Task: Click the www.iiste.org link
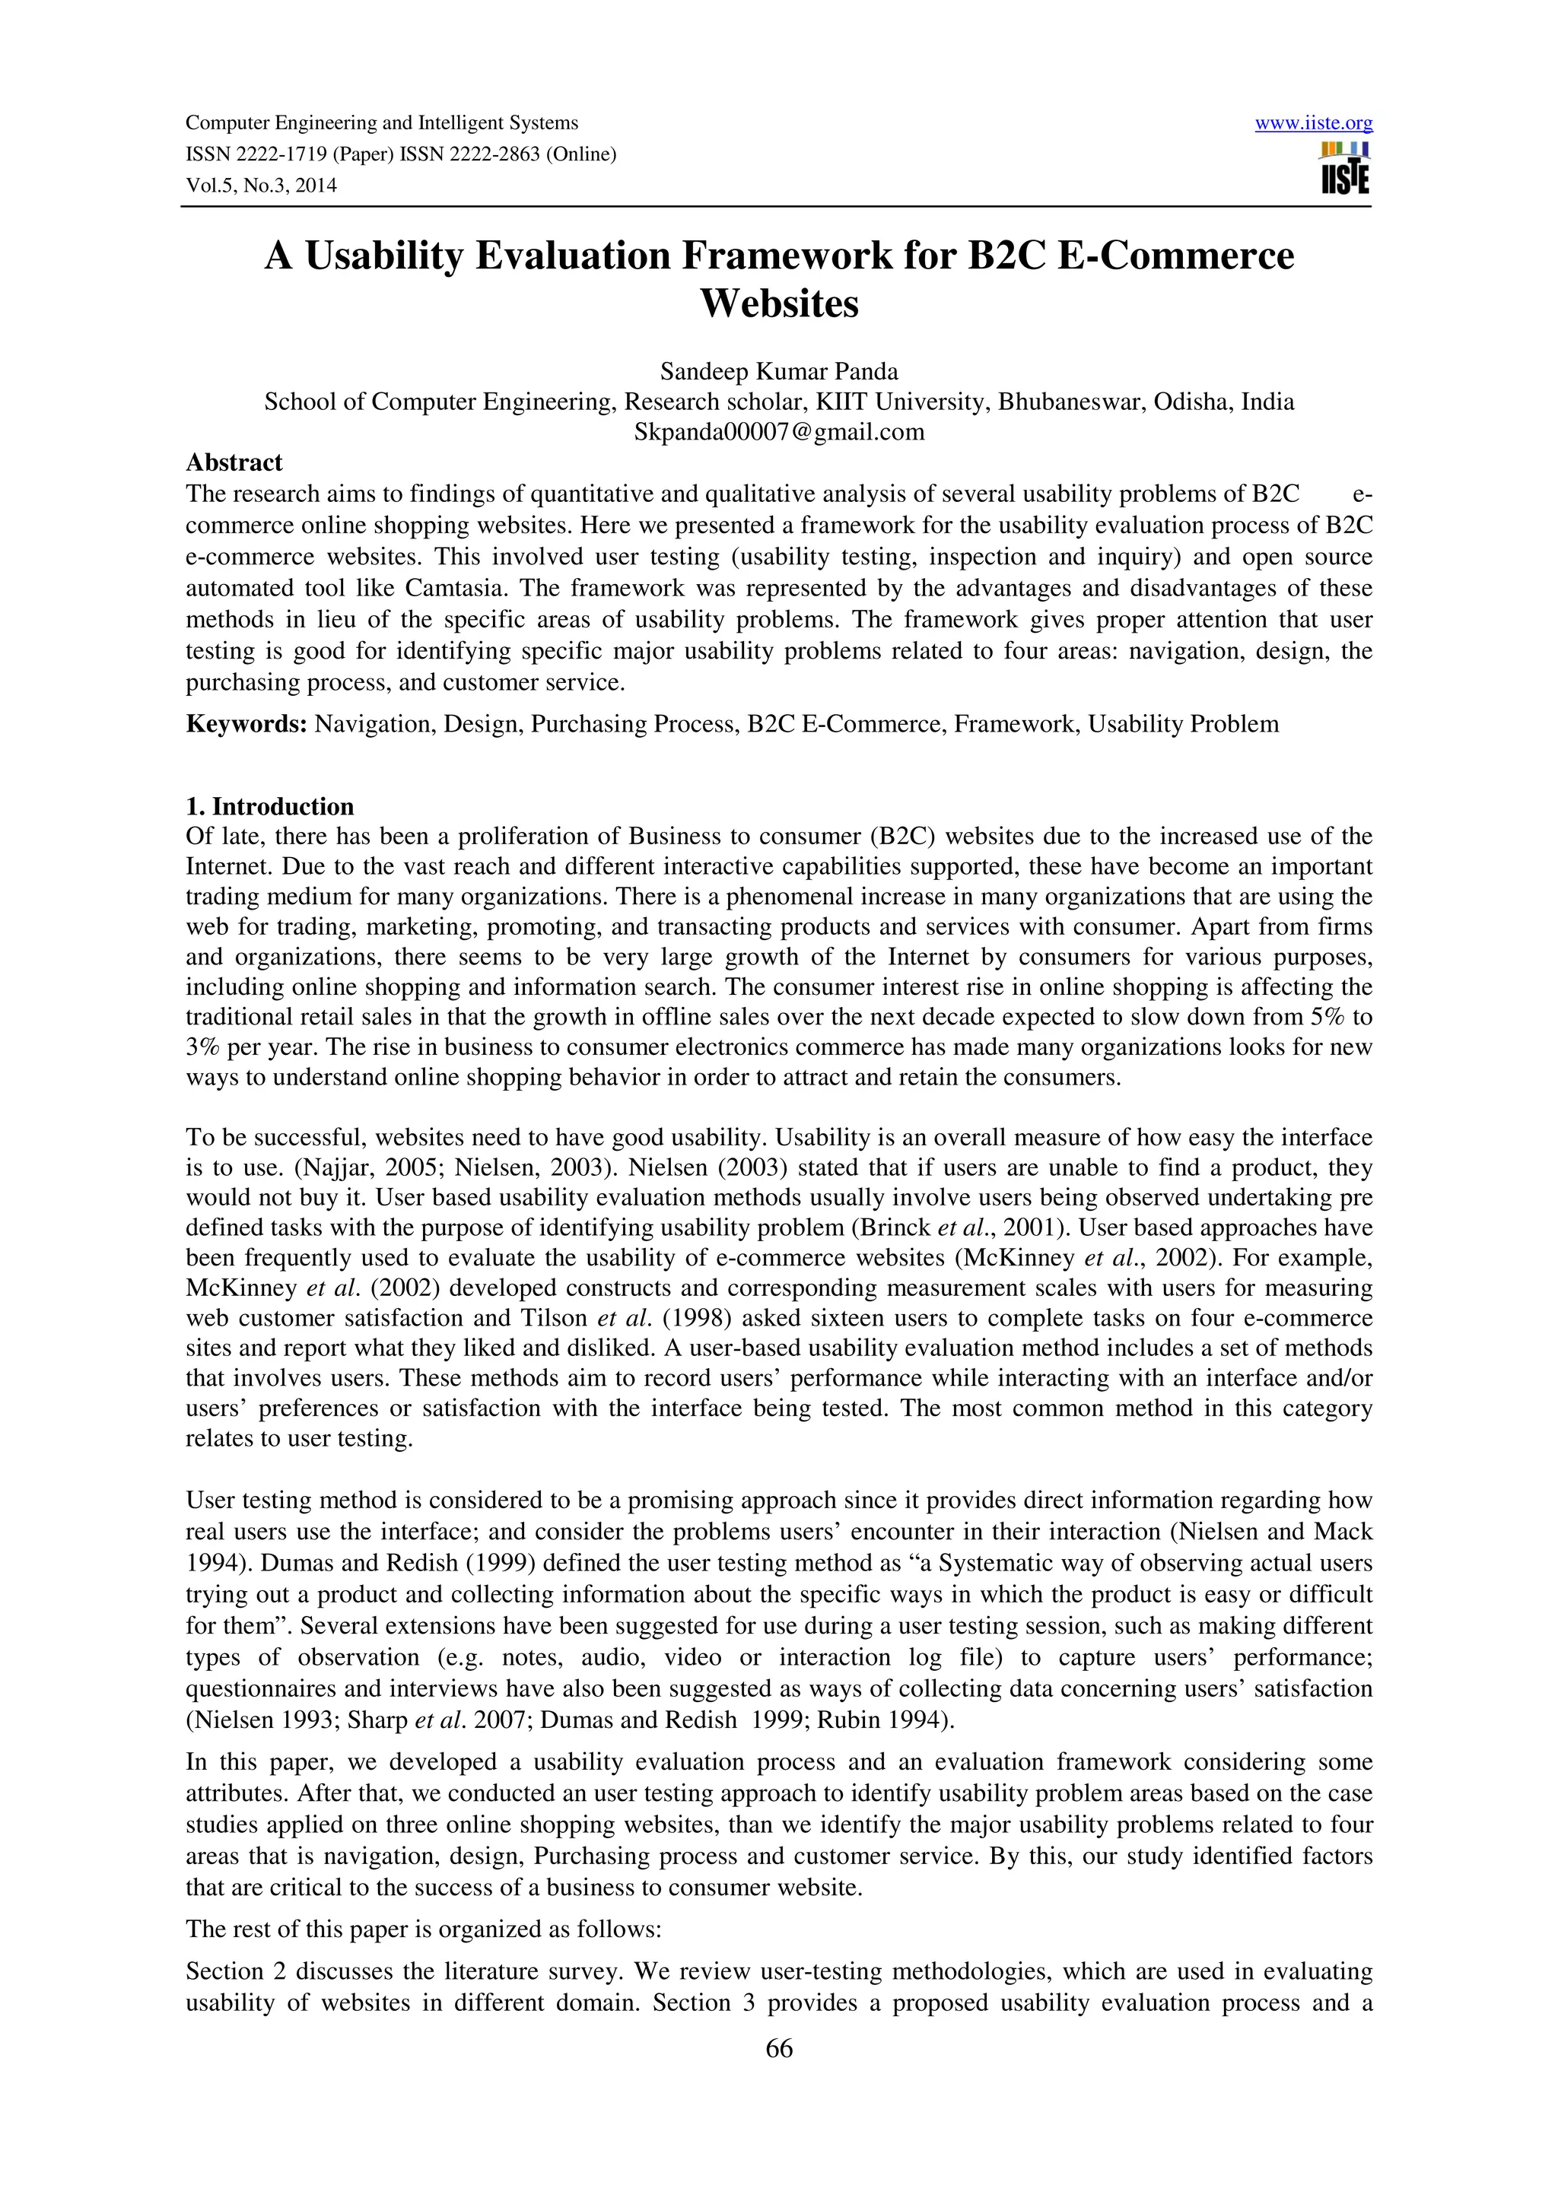1313,124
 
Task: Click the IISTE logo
1345,169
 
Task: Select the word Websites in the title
778,304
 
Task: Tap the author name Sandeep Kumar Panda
778,371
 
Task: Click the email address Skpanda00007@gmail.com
778,432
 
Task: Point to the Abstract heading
234,462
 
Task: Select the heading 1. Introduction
270,805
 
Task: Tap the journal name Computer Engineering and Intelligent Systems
381,123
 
